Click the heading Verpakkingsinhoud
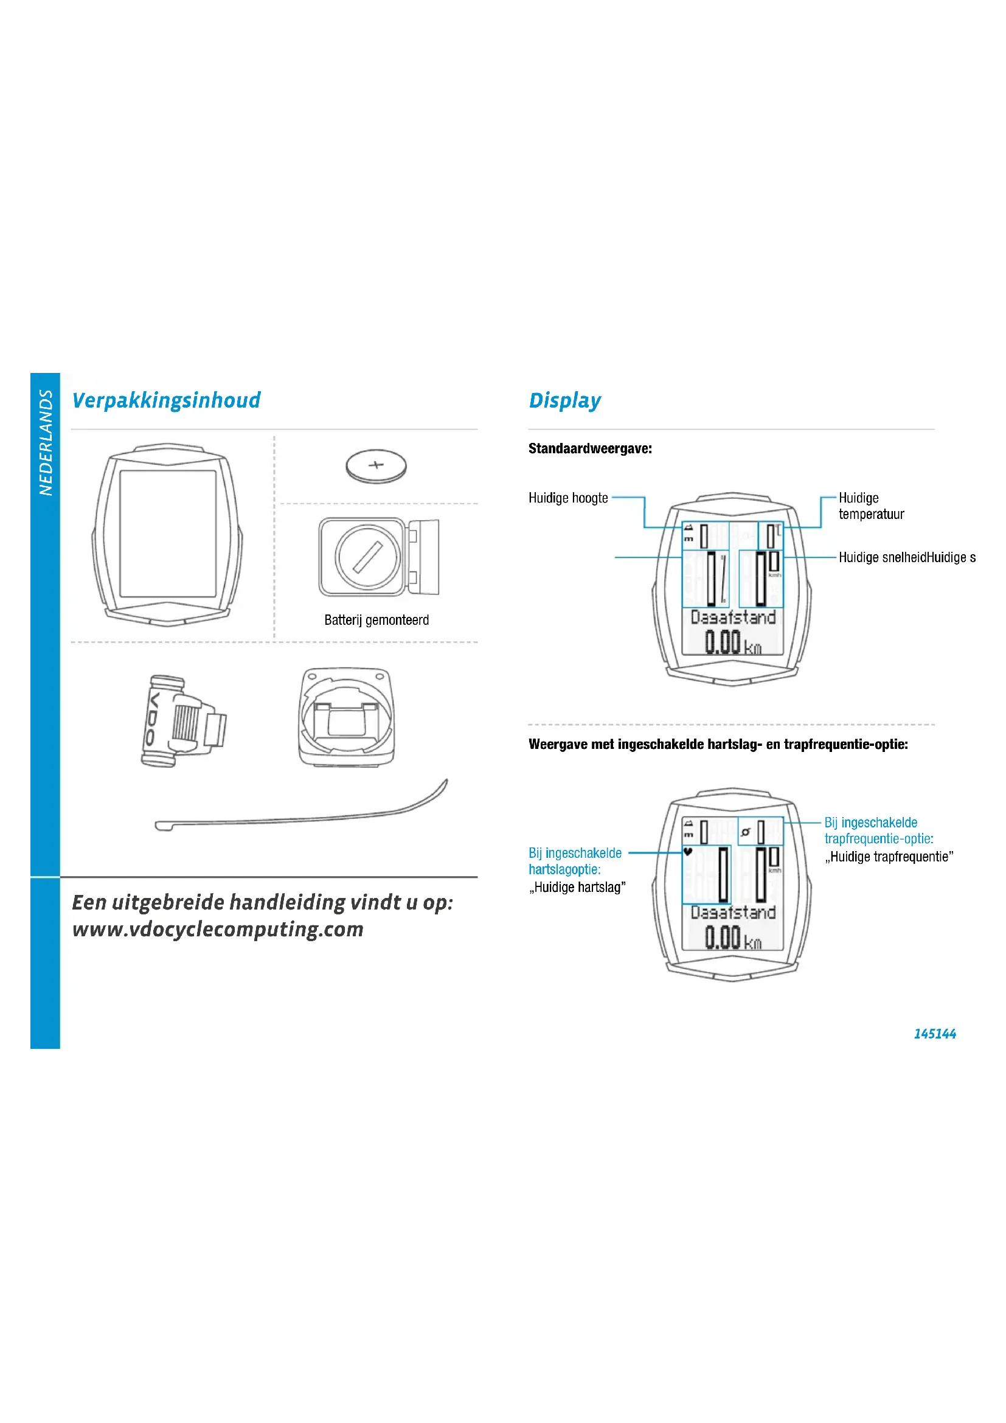[x=166, y=400]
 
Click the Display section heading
[x=564, y=400]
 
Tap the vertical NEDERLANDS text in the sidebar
[x=46, y=442]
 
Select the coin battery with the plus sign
[x=376, y=466]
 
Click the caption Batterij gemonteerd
[x=376, y=620]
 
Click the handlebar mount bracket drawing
[x=346, y=717]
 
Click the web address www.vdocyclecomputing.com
[x=217, y=930]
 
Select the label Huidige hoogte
[x=568, y=498]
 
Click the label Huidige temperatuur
[x=870, y=506]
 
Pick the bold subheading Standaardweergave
[x=590, y=449]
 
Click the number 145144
[x=934, y=1034]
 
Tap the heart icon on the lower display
[x=688, y=852]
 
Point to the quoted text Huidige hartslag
[x=577, y=887]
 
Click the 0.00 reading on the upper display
[x=723, y=642]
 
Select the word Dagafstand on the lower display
[x=733, y=913]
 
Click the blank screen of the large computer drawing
[x=168, y=532]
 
